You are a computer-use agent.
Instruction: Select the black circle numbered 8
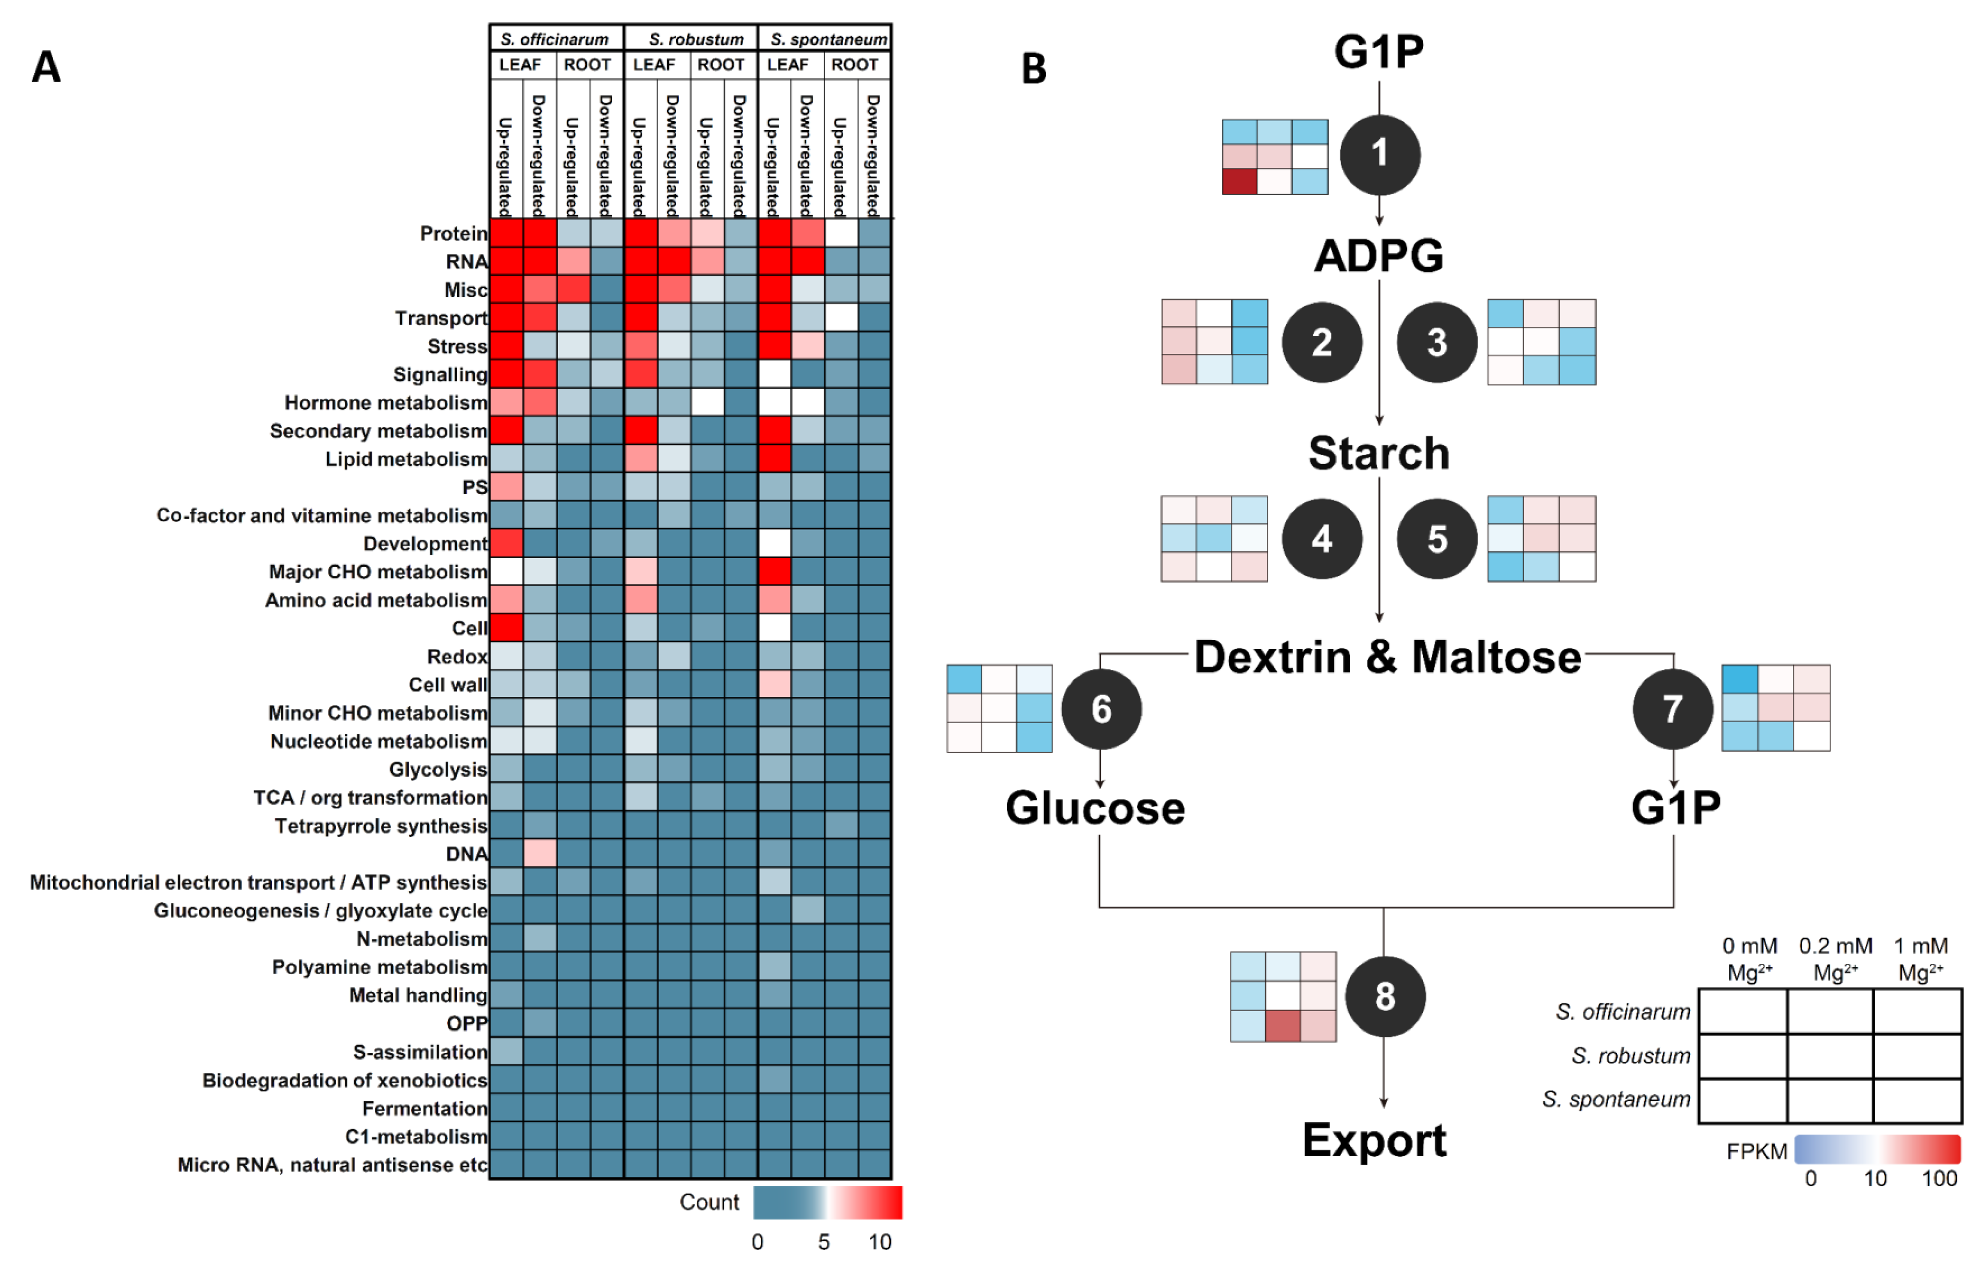pyautogui.click(x=1385, y=996)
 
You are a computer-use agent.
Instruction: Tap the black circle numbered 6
pyautogui.click(x=1101, y=708)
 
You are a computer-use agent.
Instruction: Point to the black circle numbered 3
pyautogui.click(x=1437, y=342)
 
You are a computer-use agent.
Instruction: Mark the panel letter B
pyautogui.click(x=1033, y=68)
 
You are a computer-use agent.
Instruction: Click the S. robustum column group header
pyautogui.click(x=695, y=38)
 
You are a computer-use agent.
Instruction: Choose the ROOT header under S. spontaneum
pyautogui.click(x=855, y=65)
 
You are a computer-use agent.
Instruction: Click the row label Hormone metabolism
pyautogui.click(x=386, y=403)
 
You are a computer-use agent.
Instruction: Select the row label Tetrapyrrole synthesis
pyautogui.click(x=381, y=826)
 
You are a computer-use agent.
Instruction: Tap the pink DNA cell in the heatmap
pyautogui.click(x=539, y=853)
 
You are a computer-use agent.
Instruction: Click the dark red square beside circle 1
pyautogui.click(x=1239, y=181)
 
